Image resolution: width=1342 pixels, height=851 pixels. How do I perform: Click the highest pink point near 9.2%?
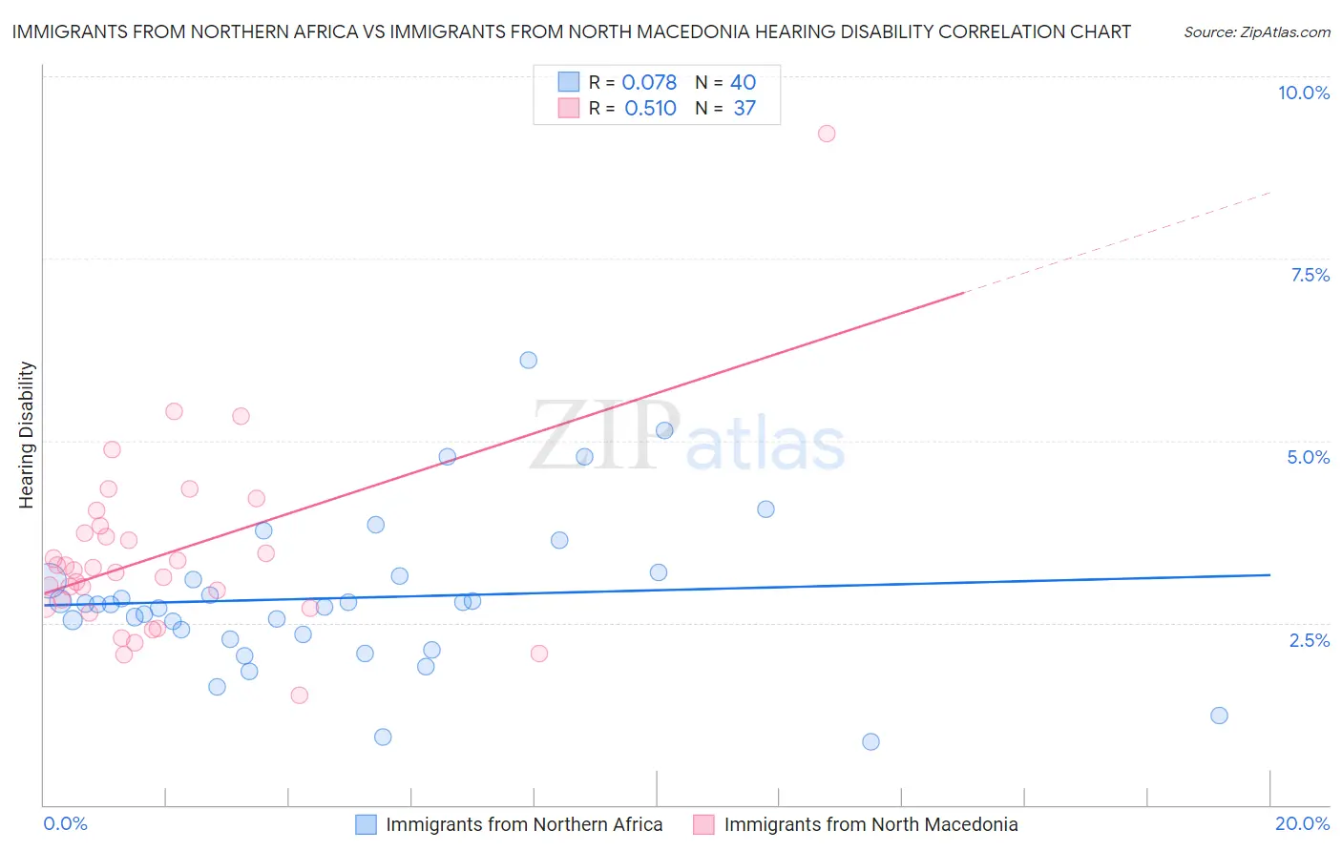[x=827, y=134]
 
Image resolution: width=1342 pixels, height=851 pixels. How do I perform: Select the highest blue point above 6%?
[x=528, y=360]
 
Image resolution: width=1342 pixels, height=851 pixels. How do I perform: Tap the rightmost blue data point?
[x=1219, y=716]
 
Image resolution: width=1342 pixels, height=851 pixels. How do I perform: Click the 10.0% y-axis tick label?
[x=1303, y=93]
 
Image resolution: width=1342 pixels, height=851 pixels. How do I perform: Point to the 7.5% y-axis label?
[x=1310, y=275]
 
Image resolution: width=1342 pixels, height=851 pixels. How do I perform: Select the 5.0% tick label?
[x=1308, y=457]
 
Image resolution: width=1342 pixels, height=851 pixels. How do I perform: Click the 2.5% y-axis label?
[x=1309, y=640]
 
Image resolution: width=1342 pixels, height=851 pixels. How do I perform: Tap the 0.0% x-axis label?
[x=65, y=823]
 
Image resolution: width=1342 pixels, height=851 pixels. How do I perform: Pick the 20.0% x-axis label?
[x=1302, y=823]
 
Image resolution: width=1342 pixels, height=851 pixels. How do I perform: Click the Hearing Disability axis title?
[x=26, y=435]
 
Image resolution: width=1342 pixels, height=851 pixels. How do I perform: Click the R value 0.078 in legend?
[x=649, y=83]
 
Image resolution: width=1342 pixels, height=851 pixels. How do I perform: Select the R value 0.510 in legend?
[x=650, y=109]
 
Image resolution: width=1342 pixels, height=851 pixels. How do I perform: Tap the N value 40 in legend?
[x=743, y=83]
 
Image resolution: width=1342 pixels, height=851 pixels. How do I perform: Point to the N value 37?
[x=744, y=109]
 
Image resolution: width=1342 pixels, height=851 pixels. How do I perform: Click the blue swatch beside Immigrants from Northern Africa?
[x=366, y=824]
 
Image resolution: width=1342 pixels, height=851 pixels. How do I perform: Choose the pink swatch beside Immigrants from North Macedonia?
[x=703, y=824]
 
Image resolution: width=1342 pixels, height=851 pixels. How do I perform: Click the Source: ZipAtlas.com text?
[x=1256, y=32]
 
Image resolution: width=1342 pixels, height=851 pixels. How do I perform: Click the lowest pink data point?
[x=299, y=695]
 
